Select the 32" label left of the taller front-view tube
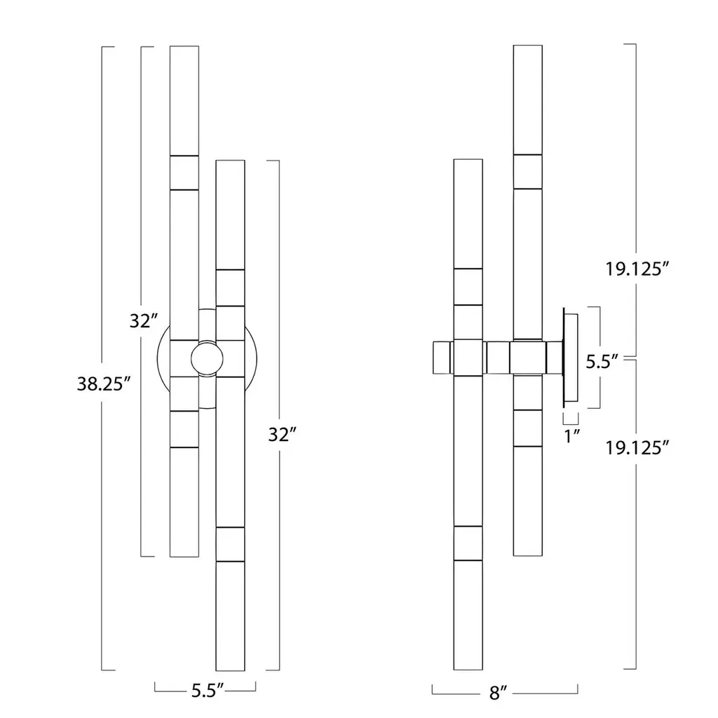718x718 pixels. pos(144,321)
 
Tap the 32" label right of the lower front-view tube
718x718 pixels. pos(283,435)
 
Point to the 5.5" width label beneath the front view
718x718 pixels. pos(208,691)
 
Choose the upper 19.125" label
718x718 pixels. pos(637,269)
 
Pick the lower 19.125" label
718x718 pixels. pos(637,447)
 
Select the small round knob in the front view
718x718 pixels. pos(207,358)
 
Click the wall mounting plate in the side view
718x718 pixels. pos(571,357)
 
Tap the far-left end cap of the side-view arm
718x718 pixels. pos(442,358)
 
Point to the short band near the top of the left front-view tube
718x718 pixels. pos(184,172)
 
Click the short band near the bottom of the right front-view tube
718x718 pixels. pos(230,544)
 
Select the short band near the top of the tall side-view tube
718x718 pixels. pos(528,172)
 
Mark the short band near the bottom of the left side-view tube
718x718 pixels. pos(468,543)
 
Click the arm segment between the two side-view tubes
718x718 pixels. pos(498,358)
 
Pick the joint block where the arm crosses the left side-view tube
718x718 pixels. pos(468,358)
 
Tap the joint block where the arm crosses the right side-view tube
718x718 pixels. pos(528,358)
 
